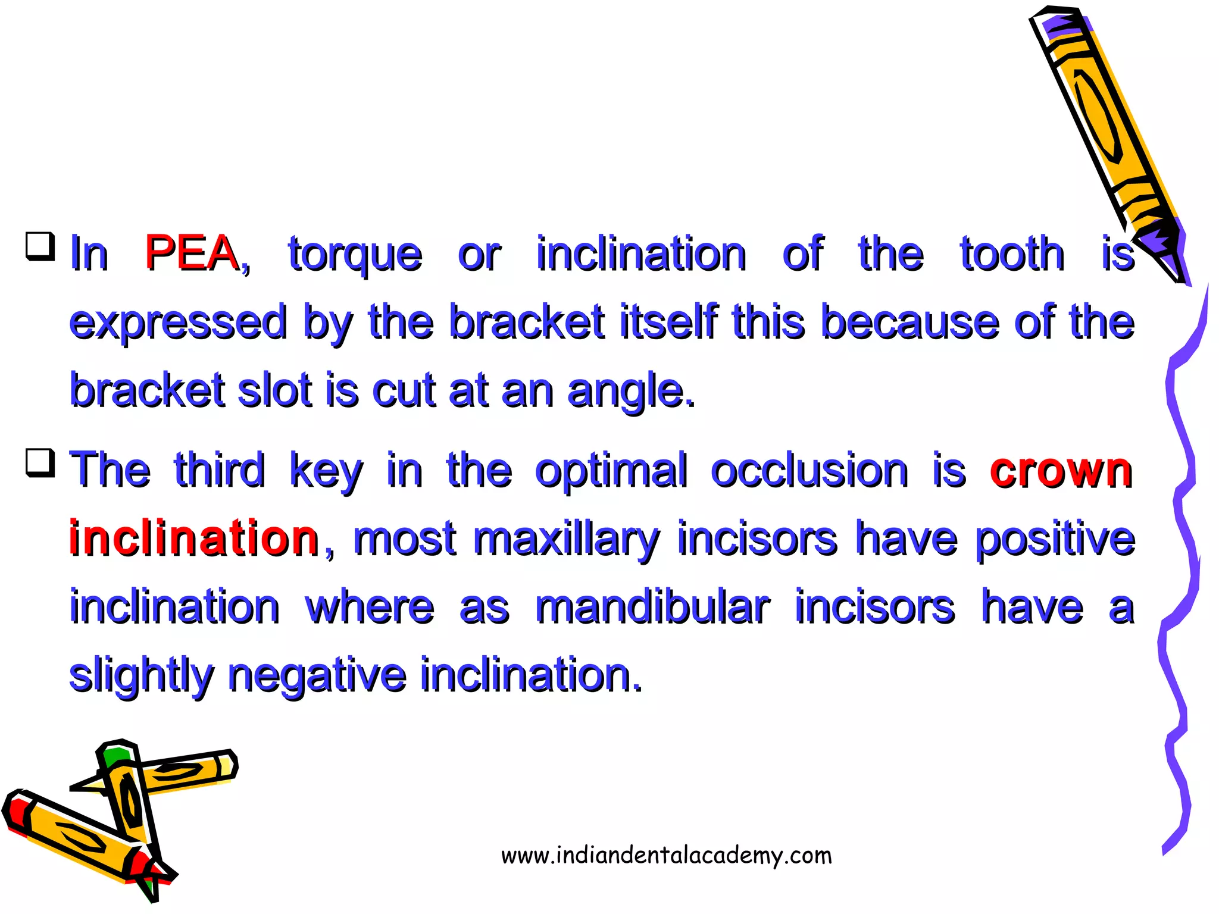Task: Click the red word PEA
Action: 191,253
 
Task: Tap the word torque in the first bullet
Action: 355,255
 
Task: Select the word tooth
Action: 1012,254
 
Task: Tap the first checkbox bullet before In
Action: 40,246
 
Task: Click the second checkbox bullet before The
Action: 40,463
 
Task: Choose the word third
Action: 219,470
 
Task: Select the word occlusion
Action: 809,471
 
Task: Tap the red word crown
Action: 1061,471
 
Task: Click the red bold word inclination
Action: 194,539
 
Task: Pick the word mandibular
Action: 652,608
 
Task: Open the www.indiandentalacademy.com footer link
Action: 666,855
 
